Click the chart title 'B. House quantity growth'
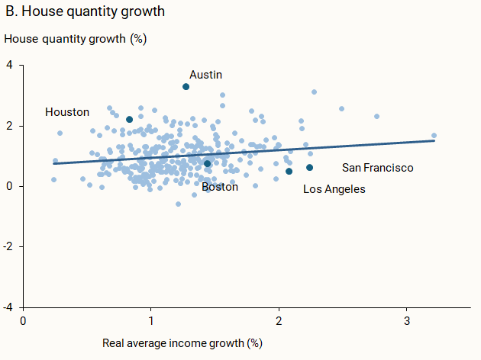point(85,12)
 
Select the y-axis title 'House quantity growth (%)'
point(75,38)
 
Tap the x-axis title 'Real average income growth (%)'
point(182,343)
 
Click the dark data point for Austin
point(186,87)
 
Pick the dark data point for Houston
point(130,120)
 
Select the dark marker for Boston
point(207,163)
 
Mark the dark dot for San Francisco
point(309,168)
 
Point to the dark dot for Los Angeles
point(289,172)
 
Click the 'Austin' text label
point(205,75)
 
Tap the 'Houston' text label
point(67,112)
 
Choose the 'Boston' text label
point(220,187)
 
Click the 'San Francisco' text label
point(377,168)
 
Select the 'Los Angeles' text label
point(334,189)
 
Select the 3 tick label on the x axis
point(407,320)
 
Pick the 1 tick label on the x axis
point(151,320)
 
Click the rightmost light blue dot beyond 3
point(434,136)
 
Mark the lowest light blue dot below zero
point(179,204)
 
